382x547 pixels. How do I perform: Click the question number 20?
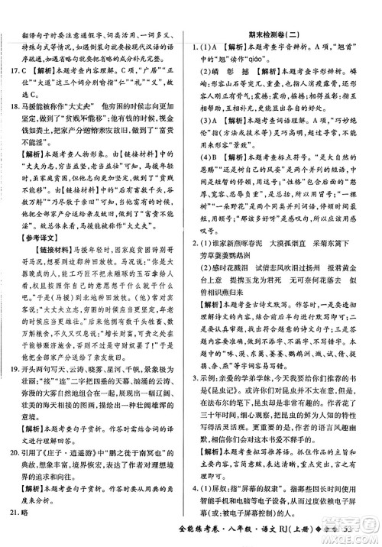tap(16, 452)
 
